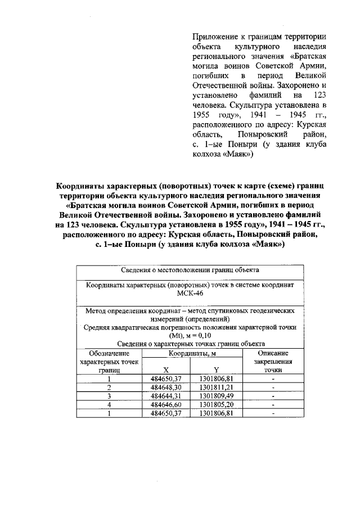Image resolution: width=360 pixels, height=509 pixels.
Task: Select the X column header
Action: click(166, 370)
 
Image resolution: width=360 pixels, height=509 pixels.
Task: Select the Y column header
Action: click(216, 370)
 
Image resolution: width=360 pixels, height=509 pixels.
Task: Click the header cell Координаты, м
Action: click(191, 353)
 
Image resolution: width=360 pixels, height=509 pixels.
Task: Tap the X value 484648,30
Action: click(166, 388)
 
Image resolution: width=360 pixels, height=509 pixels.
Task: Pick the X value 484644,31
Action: click(166, 396)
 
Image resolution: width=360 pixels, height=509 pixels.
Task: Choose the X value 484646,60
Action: click(166, 404)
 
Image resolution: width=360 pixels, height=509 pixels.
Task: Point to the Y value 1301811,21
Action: click(216, 388)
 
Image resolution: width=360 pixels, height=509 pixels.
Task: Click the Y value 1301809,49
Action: click(216, 396)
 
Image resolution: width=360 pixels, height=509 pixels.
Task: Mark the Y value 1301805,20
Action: click(216, 404)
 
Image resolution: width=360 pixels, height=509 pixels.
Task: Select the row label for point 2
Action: click(109, 388)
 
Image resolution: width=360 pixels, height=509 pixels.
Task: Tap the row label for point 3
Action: click(109, 396)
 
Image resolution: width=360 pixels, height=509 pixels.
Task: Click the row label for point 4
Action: click(109, 404)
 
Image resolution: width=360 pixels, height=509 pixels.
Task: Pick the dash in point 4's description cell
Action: click(273, 404)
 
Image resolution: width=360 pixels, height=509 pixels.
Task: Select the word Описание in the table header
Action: click(273, 353)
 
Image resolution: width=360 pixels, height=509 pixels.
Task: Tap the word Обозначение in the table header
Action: click(109, 353)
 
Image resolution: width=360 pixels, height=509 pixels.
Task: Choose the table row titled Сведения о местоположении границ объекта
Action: click(190, 271)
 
